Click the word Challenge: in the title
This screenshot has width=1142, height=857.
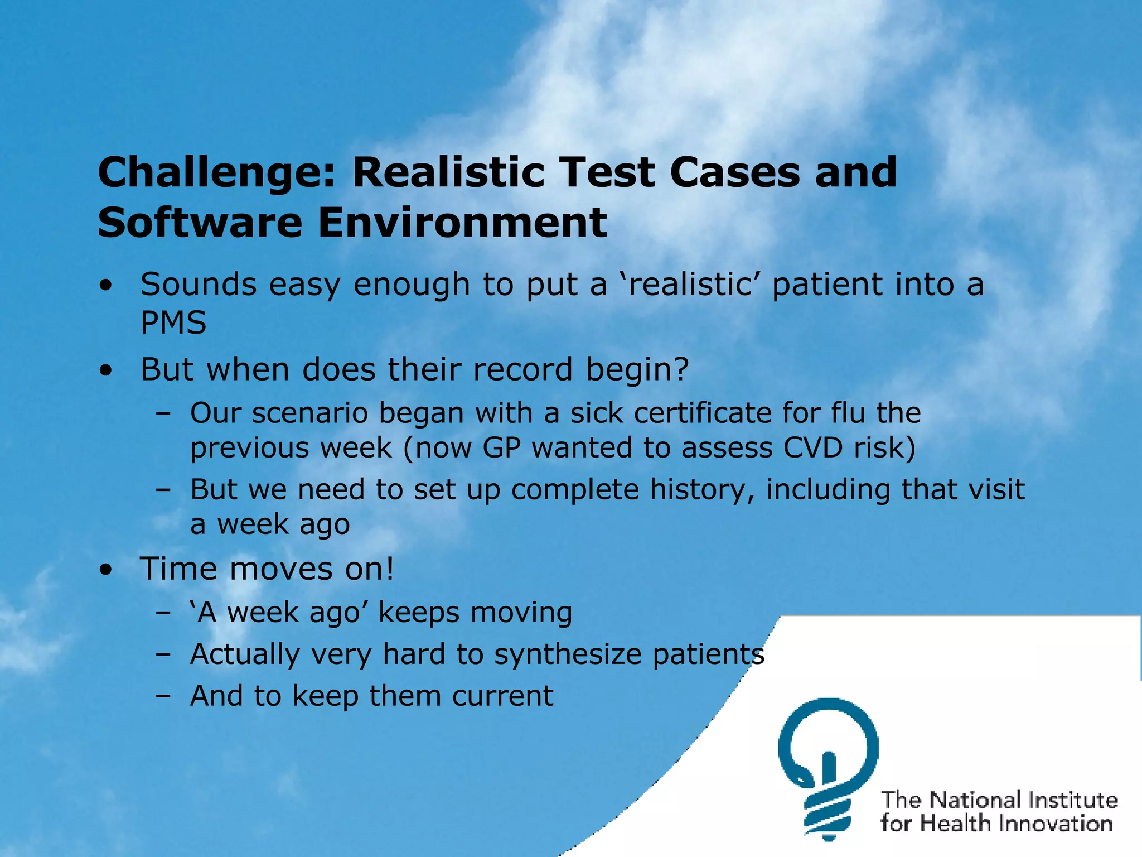(216, 173)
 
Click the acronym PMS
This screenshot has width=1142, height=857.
(173, 323)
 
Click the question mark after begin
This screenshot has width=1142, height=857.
(682, 369)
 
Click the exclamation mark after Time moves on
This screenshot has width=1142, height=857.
(389, 569)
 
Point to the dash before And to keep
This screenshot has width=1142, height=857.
(163, 697)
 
